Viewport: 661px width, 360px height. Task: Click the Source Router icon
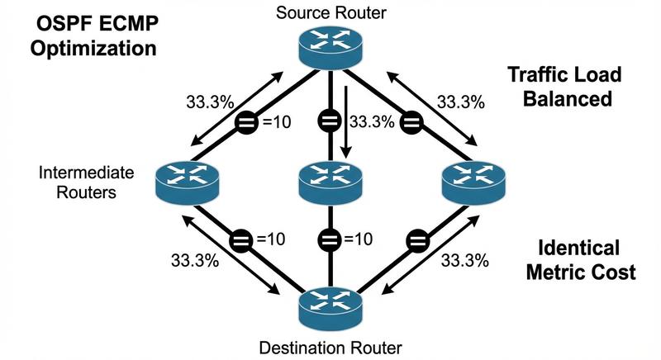(331, 47)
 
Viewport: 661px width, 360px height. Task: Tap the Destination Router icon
(331, 305)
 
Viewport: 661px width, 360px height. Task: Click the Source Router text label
(331, 12)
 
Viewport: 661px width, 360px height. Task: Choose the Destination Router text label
(331, 346)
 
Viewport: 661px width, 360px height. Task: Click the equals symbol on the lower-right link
(417, 240)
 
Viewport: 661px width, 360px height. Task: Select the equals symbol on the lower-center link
(331, 240)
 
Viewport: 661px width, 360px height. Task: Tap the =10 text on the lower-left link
(272, 239)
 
